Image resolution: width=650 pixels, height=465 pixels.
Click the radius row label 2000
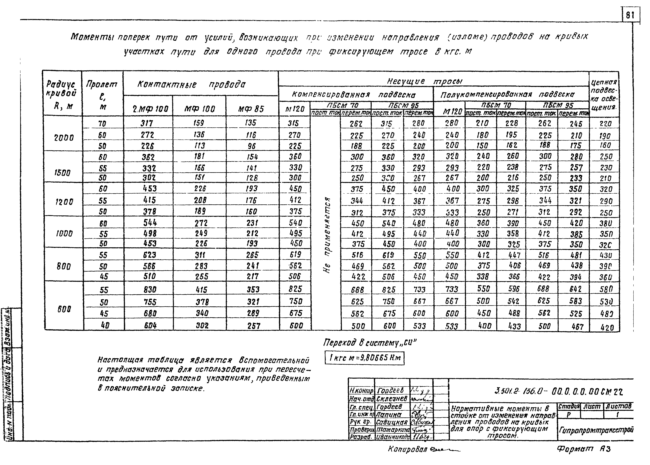pyautogui.click(x=64, y=138)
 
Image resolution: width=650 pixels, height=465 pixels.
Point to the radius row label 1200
pyautogui.click(x=64, y=202)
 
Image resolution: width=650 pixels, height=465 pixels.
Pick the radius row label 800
pyautogui.click(x=63, y=267)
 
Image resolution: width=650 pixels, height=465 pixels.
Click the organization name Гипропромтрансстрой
pyautogui.click(x=596, y=430)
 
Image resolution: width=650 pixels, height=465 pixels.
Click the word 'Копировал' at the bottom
pyautogui.click(x=407, y=449)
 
